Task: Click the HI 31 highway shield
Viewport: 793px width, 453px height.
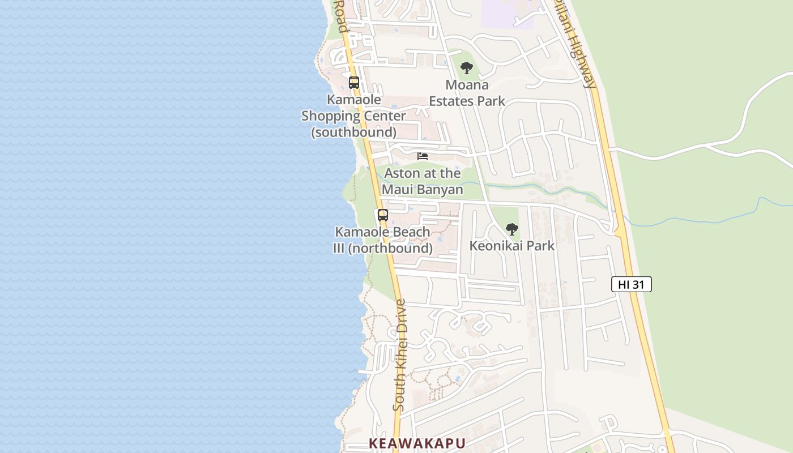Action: point(631,284)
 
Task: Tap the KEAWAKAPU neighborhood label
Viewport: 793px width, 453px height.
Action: point(417,443)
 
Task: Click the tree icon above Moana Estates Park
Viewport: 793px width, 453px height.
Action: point(467,69)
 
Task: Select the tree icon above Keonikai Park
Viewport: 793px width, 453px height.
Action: point(512,229)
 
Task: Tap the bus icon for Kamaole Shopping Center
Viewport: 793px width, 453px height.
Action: point(354,83)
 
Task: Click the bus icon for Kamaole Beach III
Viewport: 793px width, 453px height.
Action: point(383,215)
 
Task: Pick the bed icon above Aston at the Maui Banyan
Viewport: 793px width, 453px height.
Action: point(423,156)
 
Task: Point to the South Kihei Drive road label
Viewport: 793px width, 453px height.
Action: point(400,355)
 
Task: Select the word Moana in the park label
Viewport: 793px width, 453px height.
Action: point(467,85)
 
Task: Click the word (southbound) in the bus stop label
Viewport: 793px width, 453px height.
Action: point(353,132)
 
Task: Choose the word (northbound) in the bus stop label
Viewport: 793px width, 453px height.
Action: point(390,248)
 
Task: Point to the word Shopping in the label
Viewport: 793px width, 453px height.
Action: point(329,116)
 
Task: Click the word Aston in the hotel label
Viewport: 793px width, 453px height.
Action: point(402,173)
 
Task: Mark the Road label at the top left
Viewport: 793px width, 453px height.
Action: point(340,15)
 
